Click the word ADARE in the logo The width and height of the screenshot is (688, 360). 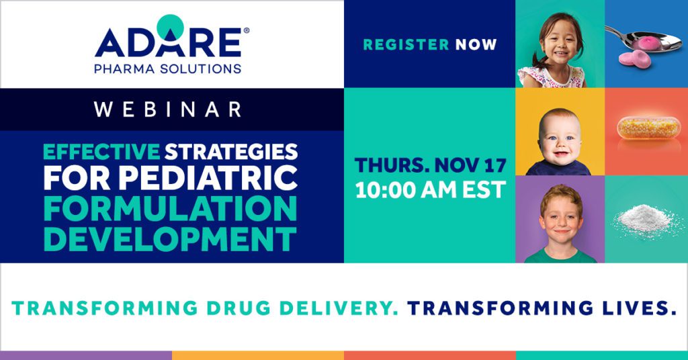click(167, 42)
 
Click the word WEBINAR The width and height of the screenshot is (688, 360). click(168, 109)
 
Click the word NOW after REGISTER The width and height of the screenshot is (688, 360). click(476, 45)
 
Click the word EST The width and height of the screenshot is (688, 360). click(481, 190)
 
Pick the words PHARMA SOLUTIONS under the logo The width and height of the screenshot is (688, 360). click(169, 69)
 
